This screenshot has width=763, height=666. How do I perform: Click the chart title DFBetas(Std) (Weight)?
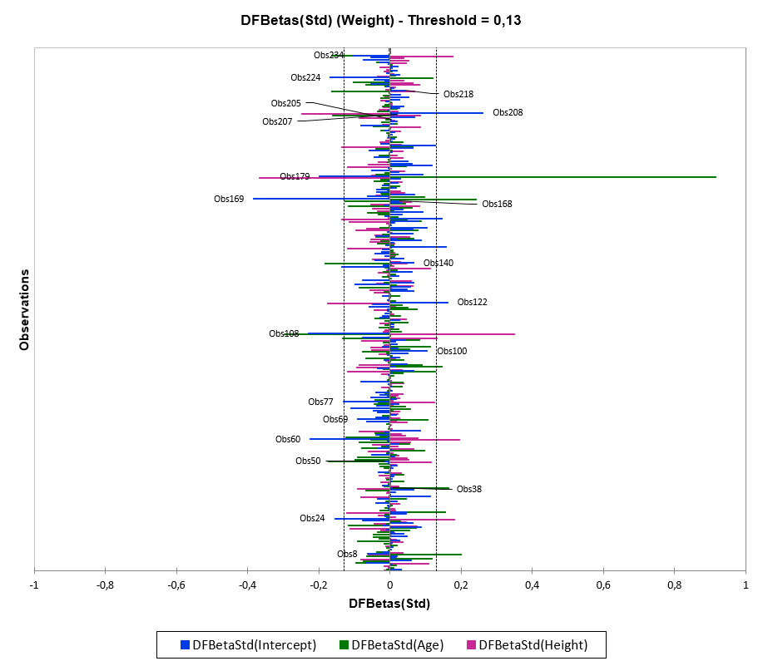380,21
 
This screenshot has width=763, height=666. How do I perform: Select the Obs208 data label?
508,112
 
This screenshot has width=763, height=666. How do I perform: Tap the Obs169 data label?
229,199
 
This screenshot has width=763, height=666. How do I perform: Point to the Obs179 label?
295,176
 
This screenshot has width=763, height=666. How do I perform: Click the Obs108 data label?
284,333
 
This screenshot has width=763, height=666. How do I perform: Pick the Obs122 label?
472,302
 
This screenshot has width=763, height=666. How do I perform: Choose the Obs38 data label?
468,489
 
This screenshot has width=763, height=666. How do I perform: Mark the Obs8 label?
347,554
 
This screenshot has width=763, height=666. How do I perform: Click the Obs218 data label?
458,94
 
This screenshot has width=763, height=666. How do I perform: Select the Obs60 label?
288,439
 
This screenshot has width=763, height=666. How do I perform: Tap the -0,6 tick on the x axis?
176,585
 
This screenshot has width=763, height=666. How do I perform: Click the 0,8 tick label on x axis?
674,585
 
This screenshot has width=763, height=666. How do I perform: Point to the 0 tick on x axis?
389,585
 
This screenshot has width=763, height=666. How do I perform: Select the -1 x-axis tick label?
34,585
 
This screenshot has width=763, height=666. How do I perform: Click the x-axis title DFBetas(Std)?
389,603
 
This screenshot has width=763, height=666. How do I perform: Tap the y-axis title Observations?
24,308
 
